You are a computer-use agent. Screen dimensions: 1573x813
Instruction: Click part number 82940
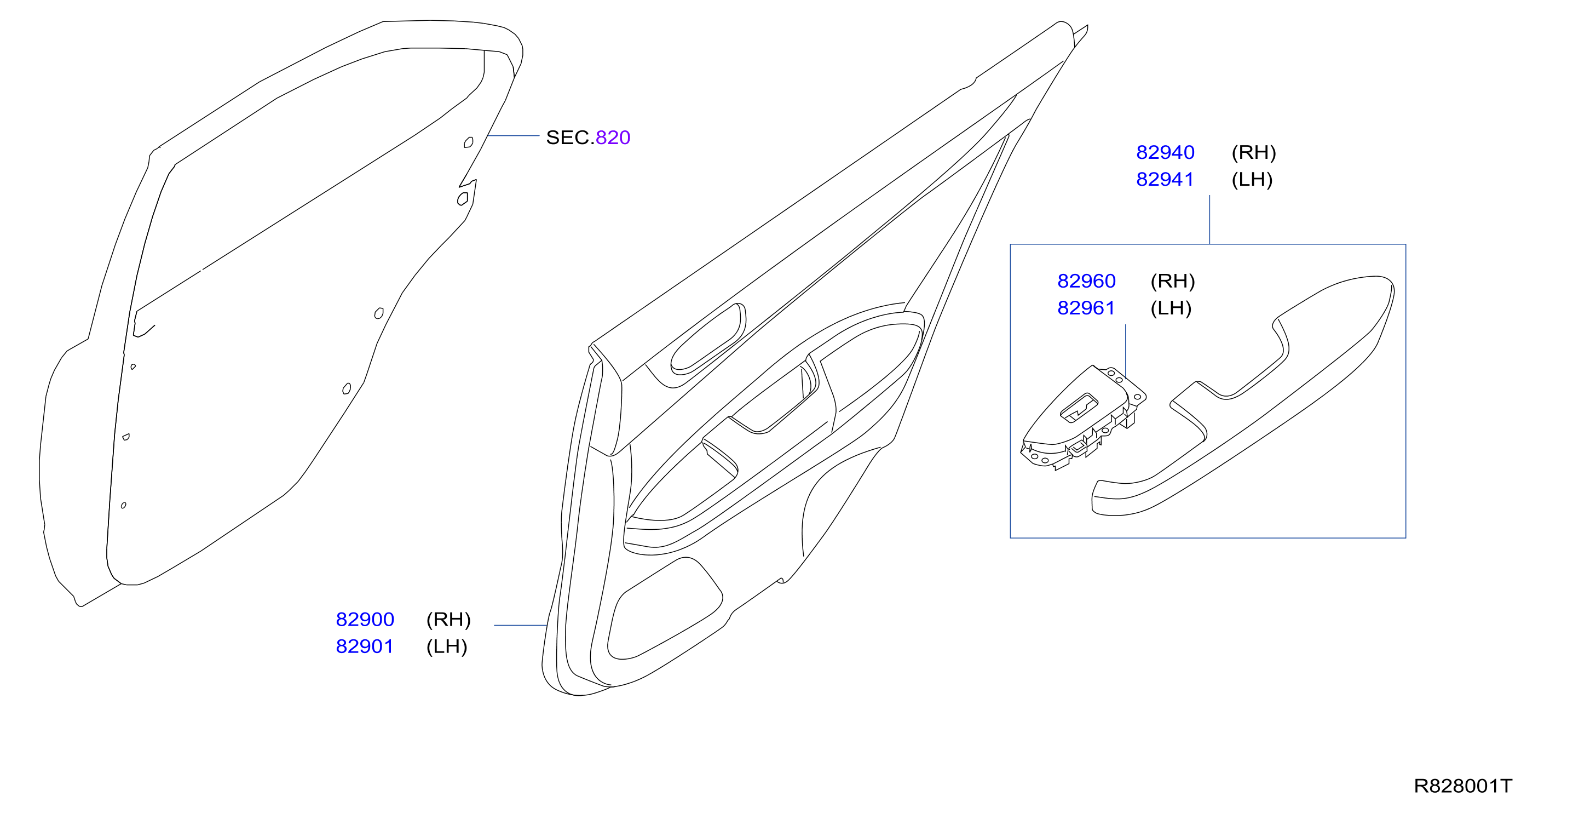pos(1165,152)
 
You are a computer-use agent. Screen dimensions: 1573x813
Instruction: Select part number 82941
pos(1165,179)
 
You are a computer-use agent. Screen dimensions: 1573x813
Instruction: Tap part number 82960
pos(1086,281)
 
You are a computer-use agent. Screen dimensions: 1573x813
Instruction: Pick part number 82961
pos(1086,308)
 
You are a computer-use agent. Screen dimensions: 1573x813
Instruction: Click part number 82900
pos(365,620)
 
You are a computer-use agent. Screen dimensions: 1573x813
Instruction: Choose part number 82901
pos(365,646)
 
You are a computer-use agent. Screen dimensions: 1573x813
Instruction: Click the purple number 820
pos(613,138)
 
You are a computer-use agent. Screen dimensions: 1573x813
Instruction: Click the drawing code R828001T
pos(1463,786)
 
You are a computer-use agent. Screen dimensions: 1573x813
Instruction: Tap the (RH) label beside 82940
pos(1254,152)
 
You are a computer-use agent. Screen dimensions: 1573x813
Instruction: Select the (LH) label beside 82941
pos(1252,179)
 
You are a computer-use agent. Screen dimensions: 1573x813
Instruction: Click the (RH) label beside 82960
pos(1172,281)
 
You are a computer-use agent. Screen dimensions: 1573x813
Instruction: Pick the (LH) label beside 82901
pos(446,646)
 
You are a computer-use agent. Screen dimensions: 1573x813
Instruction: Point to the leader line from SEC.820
pos(513,136)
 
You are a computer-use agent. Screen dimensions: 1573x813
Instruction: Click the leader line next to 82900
pos(520,626)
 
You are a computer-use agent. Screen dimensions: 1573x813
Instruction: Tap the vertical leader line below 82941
pos(1209,220)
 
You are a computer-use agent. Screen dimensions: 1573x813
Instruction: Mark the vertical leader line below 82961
pos(1125,351)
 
